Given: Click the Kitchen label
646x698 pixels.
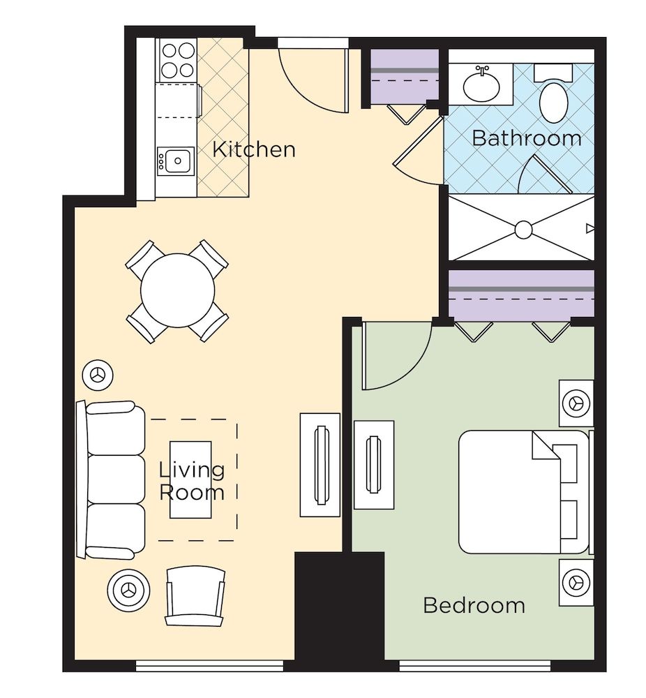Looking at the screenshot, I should click(x=253, y=149).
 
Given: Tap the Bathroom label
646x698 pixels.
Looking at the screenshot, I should click(x=526, y=138).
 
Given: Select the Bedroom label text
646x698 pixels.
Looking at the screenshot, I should click(x=474, y=604).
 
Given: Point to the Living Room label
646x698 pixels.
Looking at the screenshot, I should click(x=192, y=481).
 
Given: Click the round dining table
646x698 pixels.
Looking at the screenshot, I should click(x=177, y=291).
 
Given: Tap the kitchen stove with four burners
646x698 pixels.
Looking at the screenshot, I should click(x=177, y=60).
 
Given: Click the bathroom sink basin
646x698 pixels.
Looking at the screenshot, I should click(x=482, y=85).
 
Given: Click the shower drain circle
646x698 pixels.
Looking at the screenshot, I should click(x=523, y=229).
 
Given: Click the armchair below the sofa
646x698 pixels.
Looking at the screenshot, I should click(x=195, y=595).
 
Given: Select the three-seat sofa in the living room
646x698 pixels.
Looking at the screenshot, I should click(x=112, y=480).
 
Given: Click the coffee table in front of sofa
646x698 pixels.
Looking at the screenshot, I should click(x=191, y=480).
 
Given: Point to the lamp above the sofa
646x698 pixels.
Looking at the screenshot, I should click(x=97, y=376).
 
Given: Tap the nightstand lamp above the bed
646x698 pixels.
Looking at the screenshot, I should click(x=576, y=403).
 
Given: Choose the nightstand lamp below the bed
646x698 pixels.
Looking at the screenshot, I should click(x=576, y=581).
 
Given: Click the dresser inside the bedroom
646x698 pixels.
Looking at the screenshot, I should click(x=374, y=464).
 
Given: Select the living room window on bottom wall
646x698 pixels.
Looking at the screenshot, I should click(x=209, y=667).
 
